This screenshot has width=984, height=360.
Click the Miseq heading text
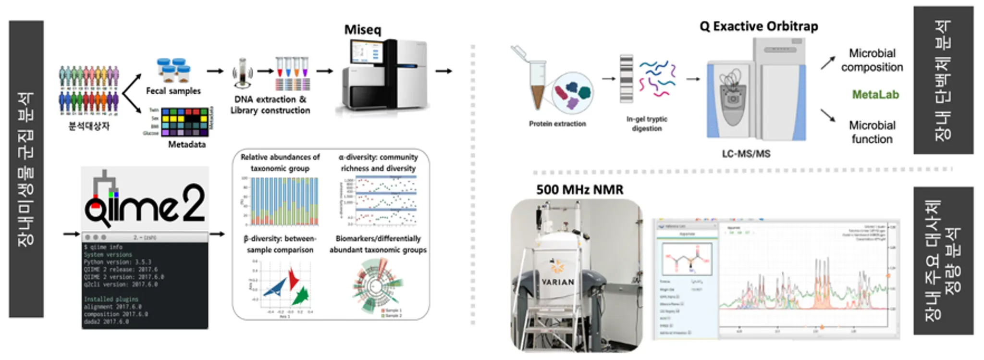coord(362,30)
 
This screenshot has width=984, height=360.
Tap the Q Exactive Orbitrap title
coord(759,26)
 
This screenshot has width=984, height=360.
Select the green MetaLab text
coord(875,95)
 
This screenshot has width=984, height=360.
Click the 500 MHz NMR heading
coord(579,190)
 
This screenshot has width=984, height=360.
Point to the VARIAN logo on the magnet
coord(557,282)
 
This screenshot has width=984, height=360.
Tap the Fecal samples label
coord(173,91)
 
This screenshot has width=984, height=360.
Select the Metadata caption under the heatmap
coord(186,144)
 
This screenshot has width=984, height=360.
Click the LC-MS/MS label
coord(746,154)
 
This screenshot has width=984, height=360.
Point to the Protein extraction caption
coord(557,124)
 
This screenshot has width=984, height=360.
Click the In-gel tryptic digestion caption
coord(647,124)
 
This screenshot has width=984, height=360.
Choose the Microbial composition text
coord(872,60)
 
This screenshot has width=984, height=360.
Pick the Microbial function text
coord(872,132)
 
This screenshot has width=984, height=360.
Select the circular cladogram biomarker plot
coord(378,286)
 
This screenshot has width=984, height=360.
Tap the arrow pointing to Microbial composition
coord(827,63)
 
